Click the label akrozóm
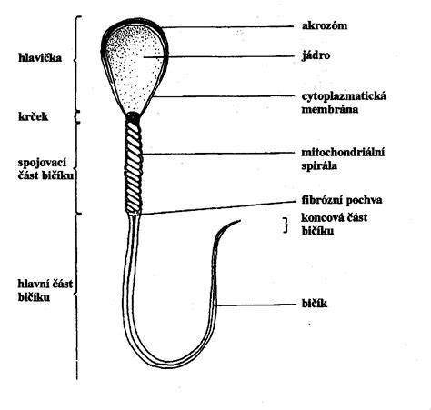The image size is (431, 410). point(325,25)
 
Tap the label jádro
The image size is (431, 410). point(316,55)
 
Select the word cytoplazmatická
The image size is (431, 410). point(344,96)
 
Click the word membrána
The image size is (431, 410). point(329,109)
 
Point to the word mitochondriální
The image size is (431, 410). point(343,152)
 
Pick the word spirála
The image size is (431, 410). point(319,166)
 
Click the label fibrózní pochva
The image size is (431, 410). point(342,200)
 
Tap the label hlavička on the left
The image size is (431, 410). point(40,57)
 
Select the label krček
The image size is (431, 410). point(33,116)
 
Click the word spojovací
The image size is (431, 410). point(42,163)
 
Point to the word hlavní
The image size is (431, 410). point(33,284)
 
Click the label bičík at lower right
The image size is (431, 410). point(315,304)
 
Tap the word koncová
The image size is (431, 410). point(322,217)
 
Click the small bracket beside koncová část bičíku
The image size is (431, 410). point(286,225)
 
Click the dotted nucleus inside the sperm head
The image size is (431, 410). point(135,66)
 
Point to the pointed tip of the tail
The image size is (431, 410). point(240,221)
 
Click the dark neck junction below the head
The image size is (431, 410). point(133,117)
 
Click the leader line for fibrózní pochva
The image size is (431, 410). point(217,207)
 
